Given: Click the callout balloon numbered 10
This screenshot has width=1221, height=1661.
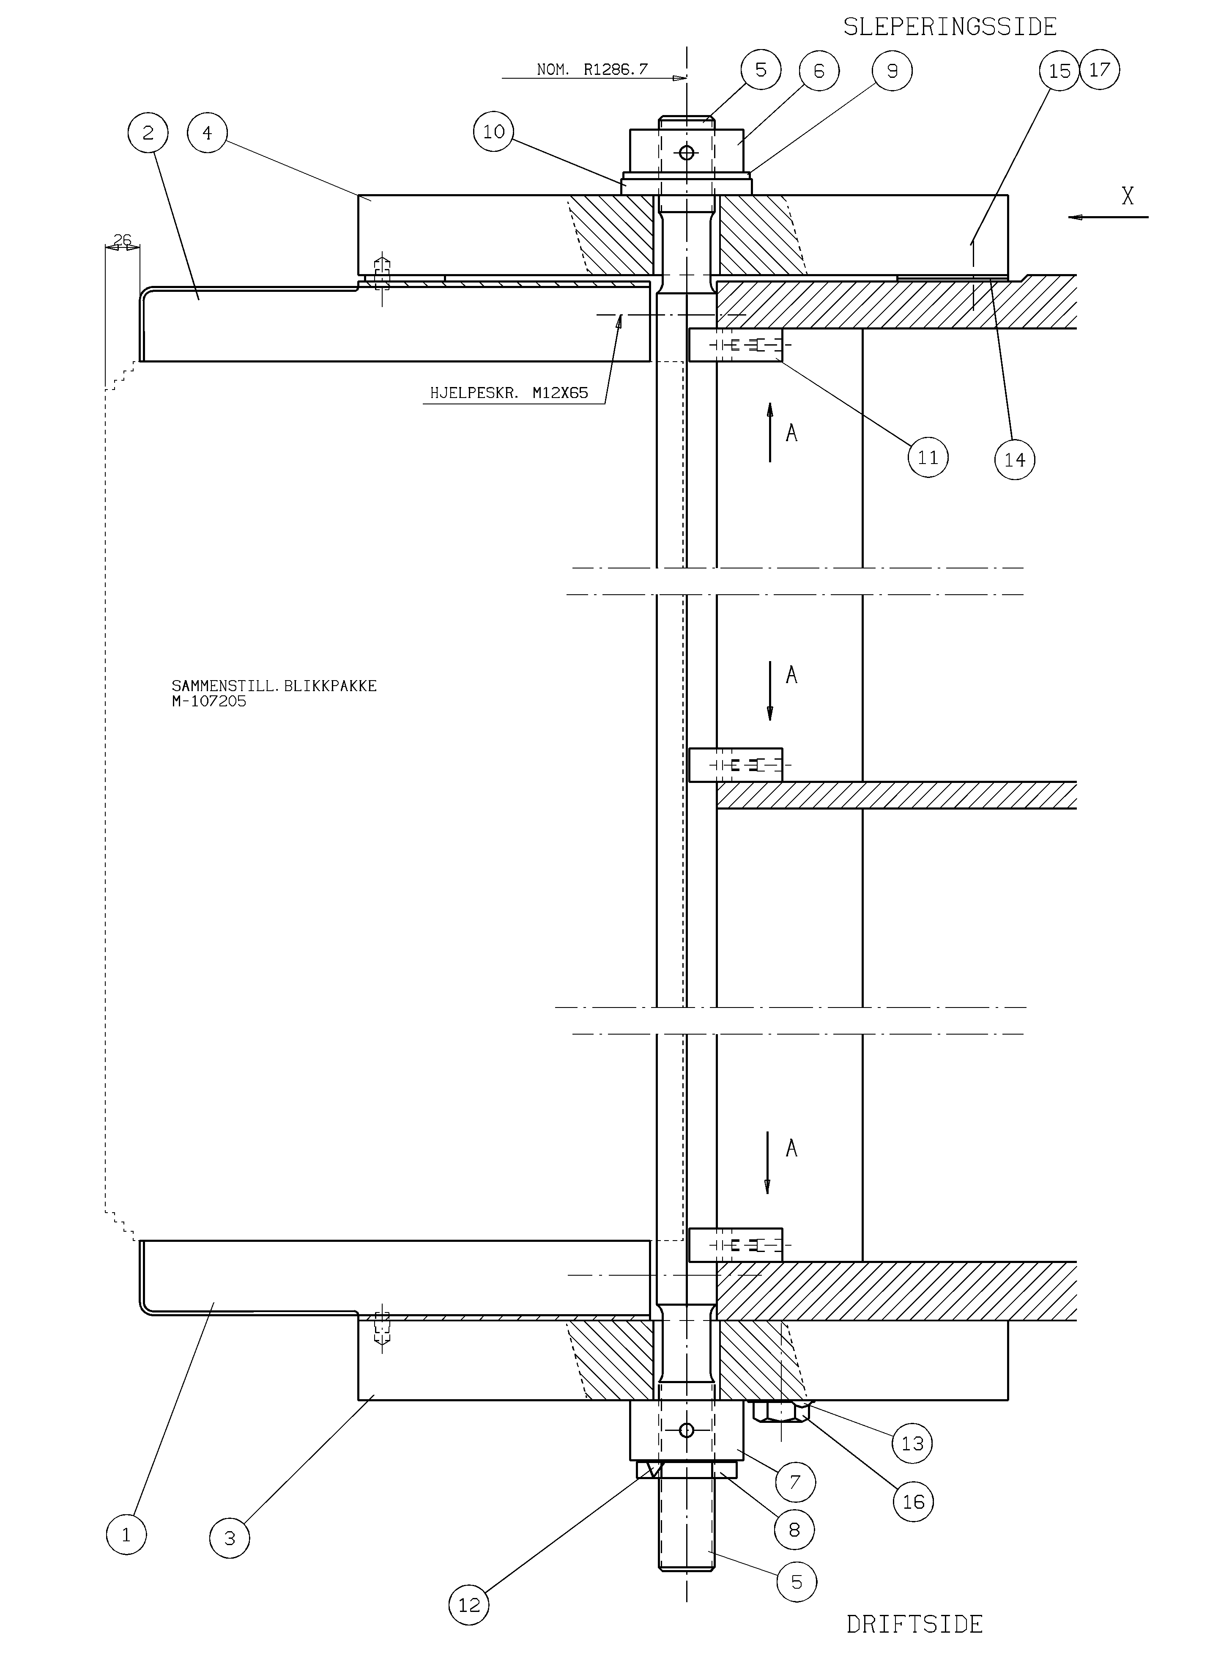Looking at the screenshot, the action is [x=494, y=132].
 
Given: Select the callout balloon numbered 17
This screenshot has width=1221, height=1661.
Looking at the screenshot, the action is [x=1100, y=69].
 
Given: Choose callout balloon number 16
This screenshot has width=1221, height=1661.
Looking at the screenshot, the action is [x=914, y=1502].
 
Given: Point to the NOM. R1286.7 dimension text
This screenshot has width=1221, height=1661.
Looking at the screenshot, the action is [x=592, y=69].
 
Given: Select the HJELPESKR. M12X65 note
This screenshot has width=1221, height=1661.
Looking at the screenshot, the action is [x=509, y=393].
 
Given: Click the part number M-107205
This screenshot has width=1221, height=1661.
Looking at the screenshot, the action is [x=209, y=701].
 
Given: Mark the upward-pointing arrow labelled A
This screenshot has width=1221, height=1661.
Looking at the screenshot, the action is [x=770, y=432].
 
